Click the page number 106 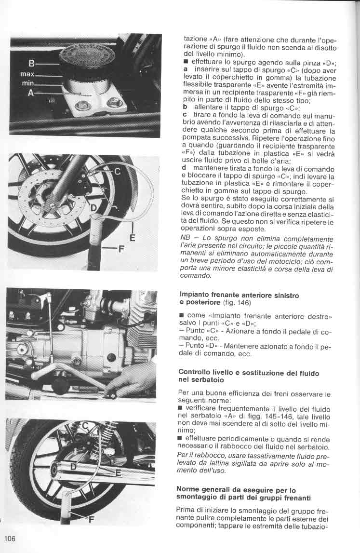(x=11, y=538)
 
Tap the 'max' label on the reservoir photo (x=27, y=75)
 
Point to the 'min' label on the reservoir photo (x=27, y=83)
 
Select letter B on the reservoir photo (x=31, y=63)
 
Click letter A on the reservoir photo (x=30, y=93)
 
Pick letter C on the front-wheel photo (x=117, y=171)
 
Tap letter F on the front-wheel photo (x=121, y=249)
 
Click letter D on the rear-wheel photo (x=74, y=466)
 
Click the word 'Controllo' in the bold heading (x=197, y=373)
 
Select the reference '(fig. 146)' (x=236, y=302)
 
